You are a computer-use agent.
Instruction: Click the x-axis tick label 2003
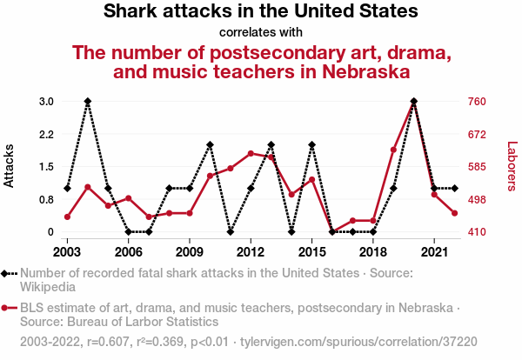point(67,251)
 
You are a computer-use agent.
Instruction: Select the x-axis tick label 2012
point(251,251)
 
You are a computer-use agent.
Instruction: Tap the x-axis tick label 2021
point(434,251)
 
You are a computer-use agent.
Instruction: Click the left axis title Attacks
point(10,166)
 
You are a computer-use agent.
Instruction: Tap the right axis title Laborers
point(512,166)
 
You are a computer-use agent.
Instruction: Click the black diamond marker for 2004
point(88,102)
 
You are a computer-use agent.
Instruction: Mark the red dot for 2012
point(251,153)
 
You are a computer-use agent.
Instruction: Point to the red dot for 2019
point(393,150)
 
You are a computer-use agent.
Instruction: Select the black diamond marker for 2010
point(210,144)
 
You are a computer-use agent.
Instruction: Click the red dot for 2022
point(454,213)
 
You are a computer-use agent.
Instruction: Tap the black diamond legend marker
point(10,273)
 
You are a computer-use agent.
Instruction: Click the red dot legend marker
point(10,308)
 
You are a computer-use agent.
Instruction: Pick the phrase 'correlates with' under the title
point(261,33)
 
